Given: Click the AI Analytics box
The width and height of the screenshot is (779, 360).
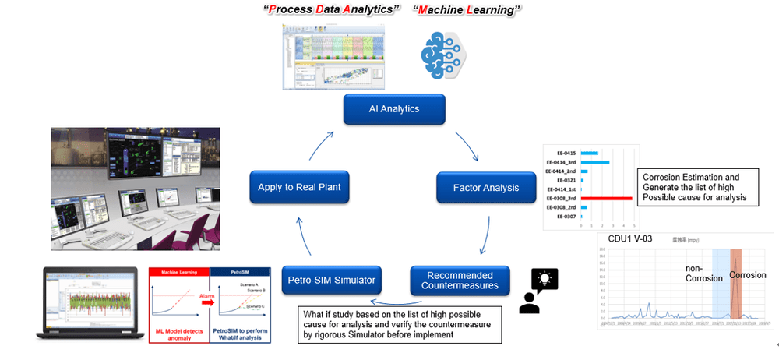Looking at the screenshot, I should click(393, 109).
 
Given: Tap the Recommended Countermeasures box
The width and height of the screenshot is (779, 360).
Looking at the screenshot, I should click(460, 281).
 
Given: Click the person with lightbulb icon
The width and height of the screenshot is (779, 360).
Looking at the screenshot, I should click(536, 291).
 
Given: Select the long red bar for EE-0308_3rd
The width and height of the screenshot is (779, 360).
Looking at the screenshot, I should click(606, 198).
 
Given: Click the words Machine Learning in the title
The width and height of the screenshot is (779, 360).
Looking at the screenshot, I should click(467, 10).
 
